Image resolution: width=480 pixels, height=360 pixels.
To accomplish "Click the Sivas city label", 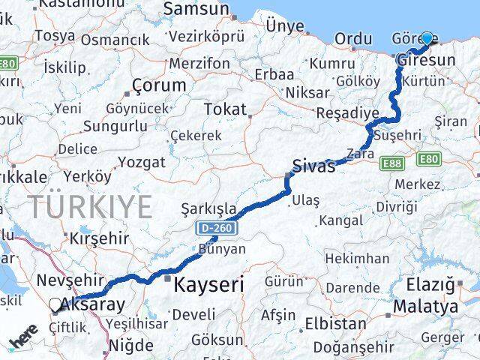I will click(313, 166).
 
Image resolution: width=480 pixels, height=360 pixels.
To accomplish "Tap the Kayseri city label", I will click(208, 285).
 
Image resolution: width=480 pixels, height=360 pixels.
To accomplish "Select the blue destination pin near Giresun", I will click(427, 38).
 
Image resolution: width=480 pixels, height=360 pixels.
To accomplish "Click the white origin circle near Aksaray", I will click(55, 304).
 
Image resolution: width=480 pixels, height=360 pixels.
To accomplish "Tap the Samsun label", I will click(196, 10).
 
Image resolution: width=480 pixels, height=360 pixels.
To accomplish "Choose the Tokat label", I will click(225, 109).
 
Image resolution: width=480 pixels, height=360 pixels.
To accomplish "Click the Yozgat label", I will click(141, 161).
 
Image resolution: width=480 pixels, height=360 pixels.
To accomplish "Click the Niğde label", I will click(131, 346).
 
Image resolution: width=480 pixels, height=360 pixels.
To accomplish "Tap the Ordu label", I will click(353, 39).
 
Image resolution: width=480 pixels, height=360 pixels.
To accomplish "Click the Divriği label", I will click(397, 206).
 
